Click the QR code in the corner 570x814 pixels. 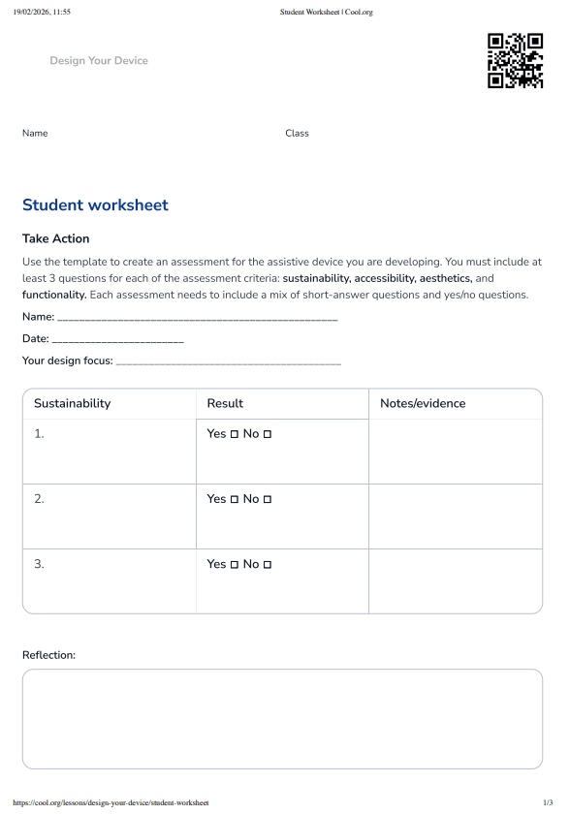[515, 61]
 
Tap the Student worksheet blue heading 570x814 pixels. [95, 205]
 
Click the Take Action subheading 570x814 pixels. [55, 238]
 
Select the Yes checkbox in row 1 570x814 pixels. [234, 434]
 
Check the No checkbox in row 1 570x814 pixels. [268, 434]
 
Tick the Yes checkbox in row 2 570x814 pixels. [234, 499]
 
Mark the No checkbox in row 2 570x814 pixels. [268, 499]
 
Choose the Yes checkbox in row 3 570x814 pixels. [234, 564]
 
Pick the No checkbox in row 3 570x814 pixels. [268, 564]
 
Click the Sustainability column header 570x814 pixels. [72, 403]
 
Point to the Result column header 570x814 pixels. [225, 403]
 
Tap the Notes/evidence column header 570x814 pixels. [423, 403]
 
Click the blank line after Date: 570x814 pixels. [117, 340]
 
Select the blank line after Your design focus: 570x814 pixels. [228, 362]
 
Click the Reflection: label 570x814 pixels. [48, 655]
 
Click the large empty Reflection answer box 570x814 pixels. [282, 718]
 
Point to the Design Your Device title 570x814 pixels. [99, 60]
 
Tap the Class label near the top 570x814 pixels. [297, 133]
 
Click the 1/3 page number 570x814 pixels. [548, 803]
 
